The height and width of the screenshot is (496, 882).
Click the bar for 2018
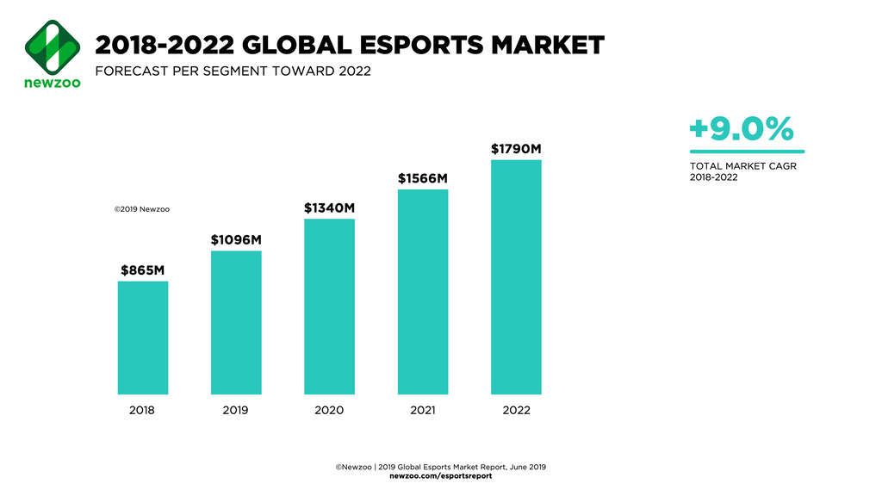point(142,338)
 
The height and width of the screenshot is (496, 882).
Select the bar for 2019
point(236,323)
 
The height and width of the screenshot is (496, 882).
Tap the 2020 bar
point(329,307)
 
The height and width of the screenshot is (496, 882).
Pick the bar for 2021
point(423,292)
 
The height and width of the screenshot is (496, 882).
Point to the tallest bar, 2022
point(516,277)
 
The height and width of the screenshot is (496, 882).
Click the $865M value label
point(142,270)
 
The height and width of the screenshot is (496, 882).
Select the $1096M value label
point(236,240)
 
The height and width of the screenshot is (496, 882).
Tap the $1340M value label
point(329,208)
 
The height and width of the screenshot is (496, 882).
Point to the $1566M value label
point(423,178)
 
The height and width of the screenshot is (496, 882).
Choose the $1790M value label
point(516,149)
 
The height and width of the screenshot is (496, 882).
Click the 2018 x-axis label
point(142,411)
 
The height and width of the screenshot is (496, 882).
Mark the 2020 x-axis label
point(329,411)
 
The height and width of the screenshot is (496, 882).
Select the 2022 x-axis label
point(516,411)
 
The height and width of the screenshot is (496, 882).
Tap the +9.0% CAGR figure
point(740,130)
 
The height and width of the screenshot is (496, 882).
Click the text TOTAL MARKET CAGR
point(742,166)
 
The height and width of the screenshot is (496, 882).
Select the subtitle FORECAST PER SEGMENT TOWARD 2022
point(233,71)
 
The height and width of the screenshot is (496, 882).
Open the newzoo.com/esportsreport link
point(441,476)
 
